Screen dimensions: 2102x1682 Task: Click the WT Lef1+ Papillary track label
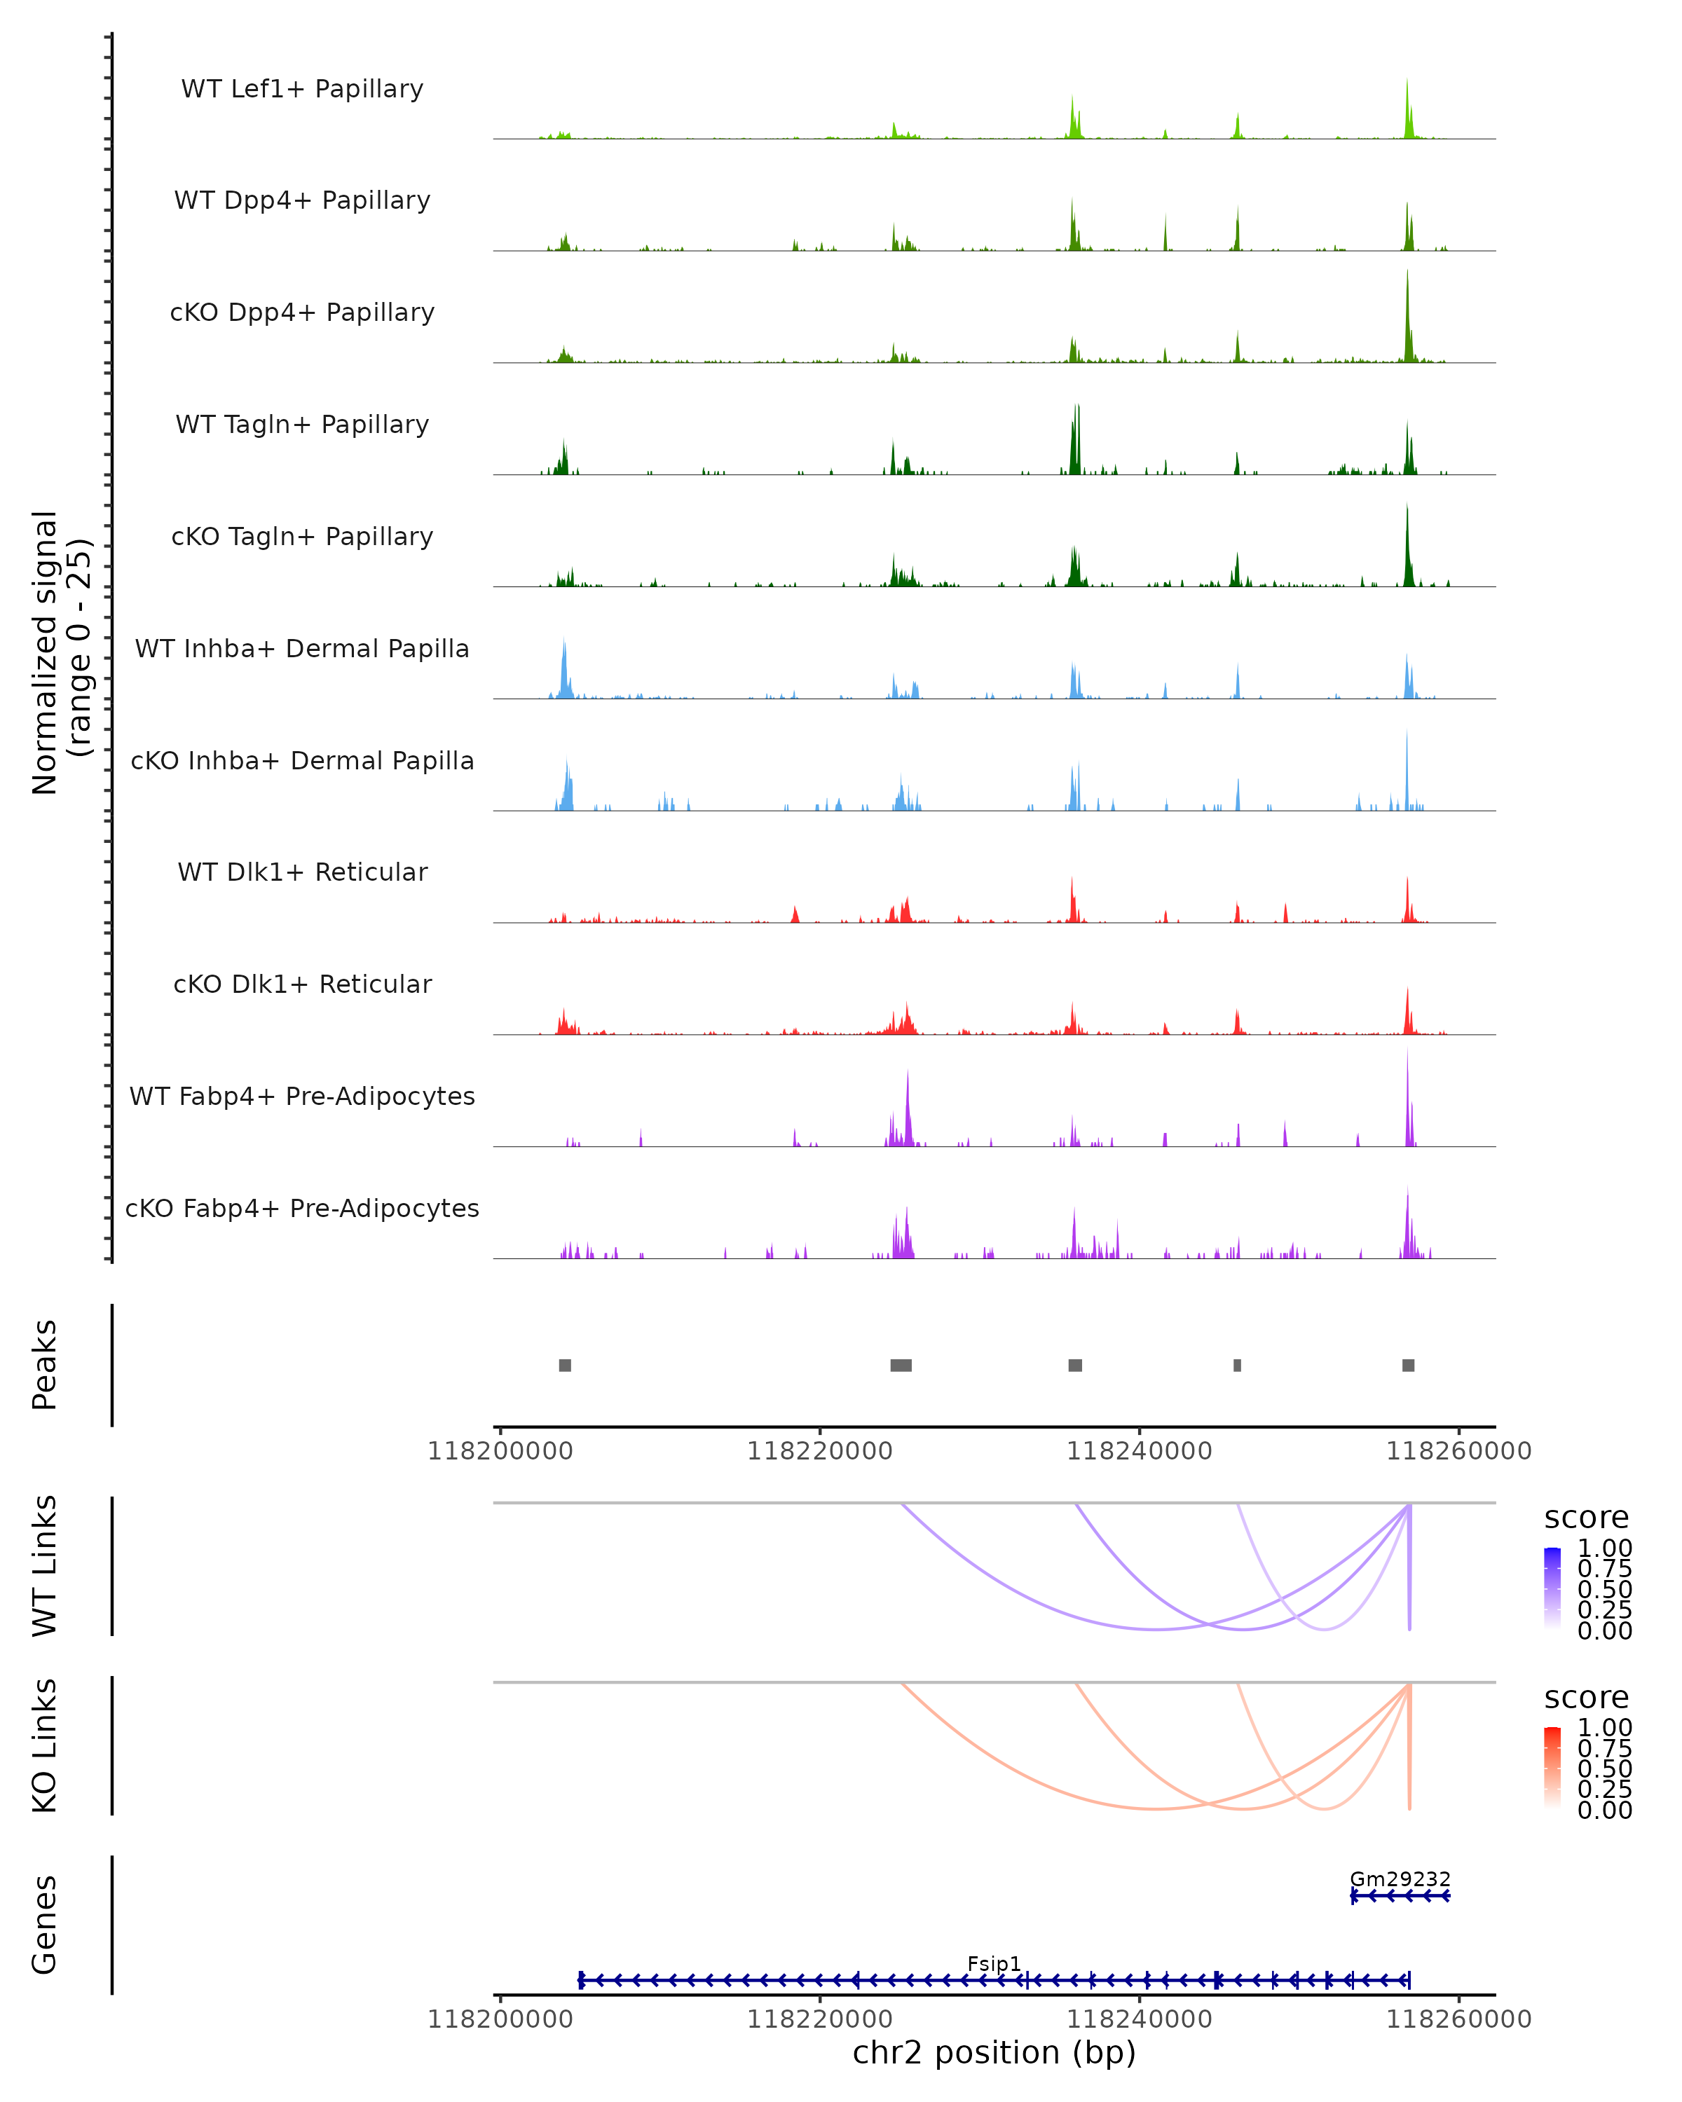302,89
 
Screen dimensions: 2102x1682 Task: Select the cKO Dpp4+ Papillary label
302,312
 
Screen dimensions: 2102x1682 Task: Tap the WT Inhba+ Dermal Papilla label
302,648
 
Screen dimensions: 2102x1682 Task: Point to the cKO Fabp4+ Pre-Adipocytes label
302,1208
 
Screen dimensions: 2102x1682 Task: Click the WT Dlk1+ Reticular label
302,872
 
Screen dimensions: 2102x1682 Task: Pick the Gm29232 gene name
1400,1878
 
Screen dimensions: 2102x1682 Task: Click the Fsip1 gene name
994,1963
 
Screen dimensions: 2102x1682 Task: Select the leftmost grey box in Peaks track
565,1365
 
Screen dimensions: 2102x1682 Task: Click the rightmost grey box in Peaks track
1408,1365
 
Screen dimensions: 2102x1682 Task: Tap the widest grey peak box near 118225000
901,1365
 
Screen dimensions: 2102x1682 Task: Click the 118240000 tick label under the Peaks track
1139,1451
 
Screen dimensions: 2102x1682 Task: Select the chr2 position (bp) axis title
994,2052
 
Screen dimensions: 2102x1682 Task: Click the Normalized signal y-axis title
60,652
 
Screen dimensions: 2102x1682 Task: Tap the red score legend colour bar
1552,1768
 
